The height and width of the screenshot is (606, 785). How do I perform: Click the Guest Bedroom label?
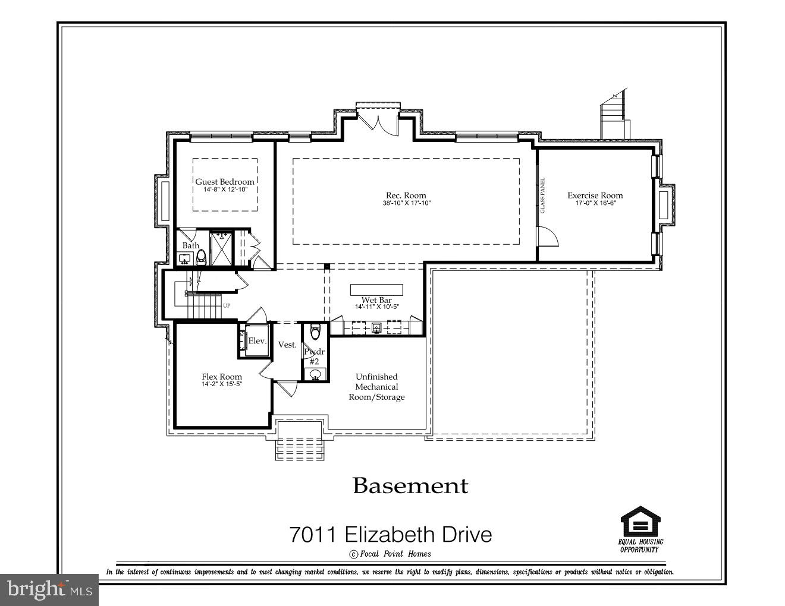[225, 182]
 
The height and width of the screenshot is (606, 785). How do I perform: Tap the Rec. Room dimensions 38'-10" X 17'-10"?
[406, 203]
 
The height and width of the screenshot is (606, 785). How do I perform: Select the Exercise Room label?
[595, 195]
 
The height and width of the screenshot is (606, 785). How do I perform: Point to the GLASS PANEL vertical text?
[542, 195]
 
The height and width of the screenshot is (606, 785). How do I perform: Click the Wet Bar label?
[376, 300]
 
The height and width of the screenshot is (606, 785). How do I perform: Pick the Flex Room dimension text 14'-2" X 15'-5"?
[221, 384]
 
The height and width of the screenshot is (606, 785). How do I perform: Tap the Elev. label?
[257, 341]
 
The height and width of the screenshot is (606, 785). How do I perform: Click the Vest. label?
[287, 345]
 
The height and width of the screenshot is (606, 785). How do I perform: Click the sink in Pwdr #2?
[315, 374]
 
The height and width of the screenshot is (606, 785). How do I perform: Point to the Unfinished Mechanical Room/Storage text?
[376, 387]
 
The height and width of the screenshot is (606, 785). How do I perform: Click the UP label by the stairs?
[227, 306]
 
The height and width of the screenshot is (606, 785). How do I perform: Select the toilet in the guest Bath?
[201, 257]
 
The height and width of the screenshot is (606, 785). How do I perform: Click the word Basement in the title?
[410, 486]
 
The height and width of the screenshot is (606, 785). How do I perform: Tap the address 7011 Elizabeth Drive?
[391, 535]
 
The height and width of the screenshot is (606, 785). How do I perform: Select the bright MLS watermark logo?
[49, 589]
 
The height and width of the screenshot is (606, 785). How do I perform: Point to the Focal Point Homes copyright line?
[390, 554]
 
